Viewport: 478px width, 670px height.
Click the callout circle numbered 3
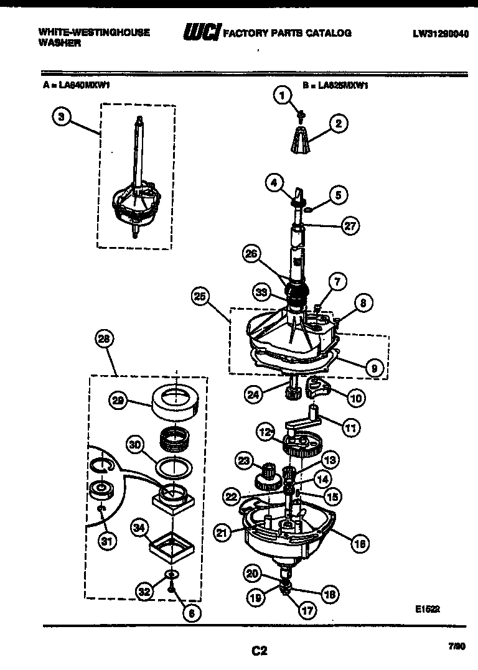[61, 116]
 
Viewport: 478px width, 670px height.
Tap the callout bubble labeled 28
[103, 340]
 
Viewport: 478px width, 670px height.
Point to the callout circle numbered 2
[338, 123]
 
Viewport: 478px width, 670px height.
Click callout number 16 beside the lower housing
[359, 544]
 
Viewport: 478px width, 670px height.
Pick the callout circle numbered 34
[140, 529]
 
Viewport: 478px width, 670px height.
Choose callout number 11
[350, 428]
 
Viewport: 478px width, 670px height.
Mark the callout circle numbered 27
[350, 226]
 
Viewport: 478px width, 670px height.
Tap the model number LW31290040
[439, 34]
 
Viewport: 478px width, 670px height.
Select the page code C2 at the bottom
[259, 651]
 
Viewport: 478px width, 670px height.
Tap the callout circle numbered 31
[108, 542]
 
